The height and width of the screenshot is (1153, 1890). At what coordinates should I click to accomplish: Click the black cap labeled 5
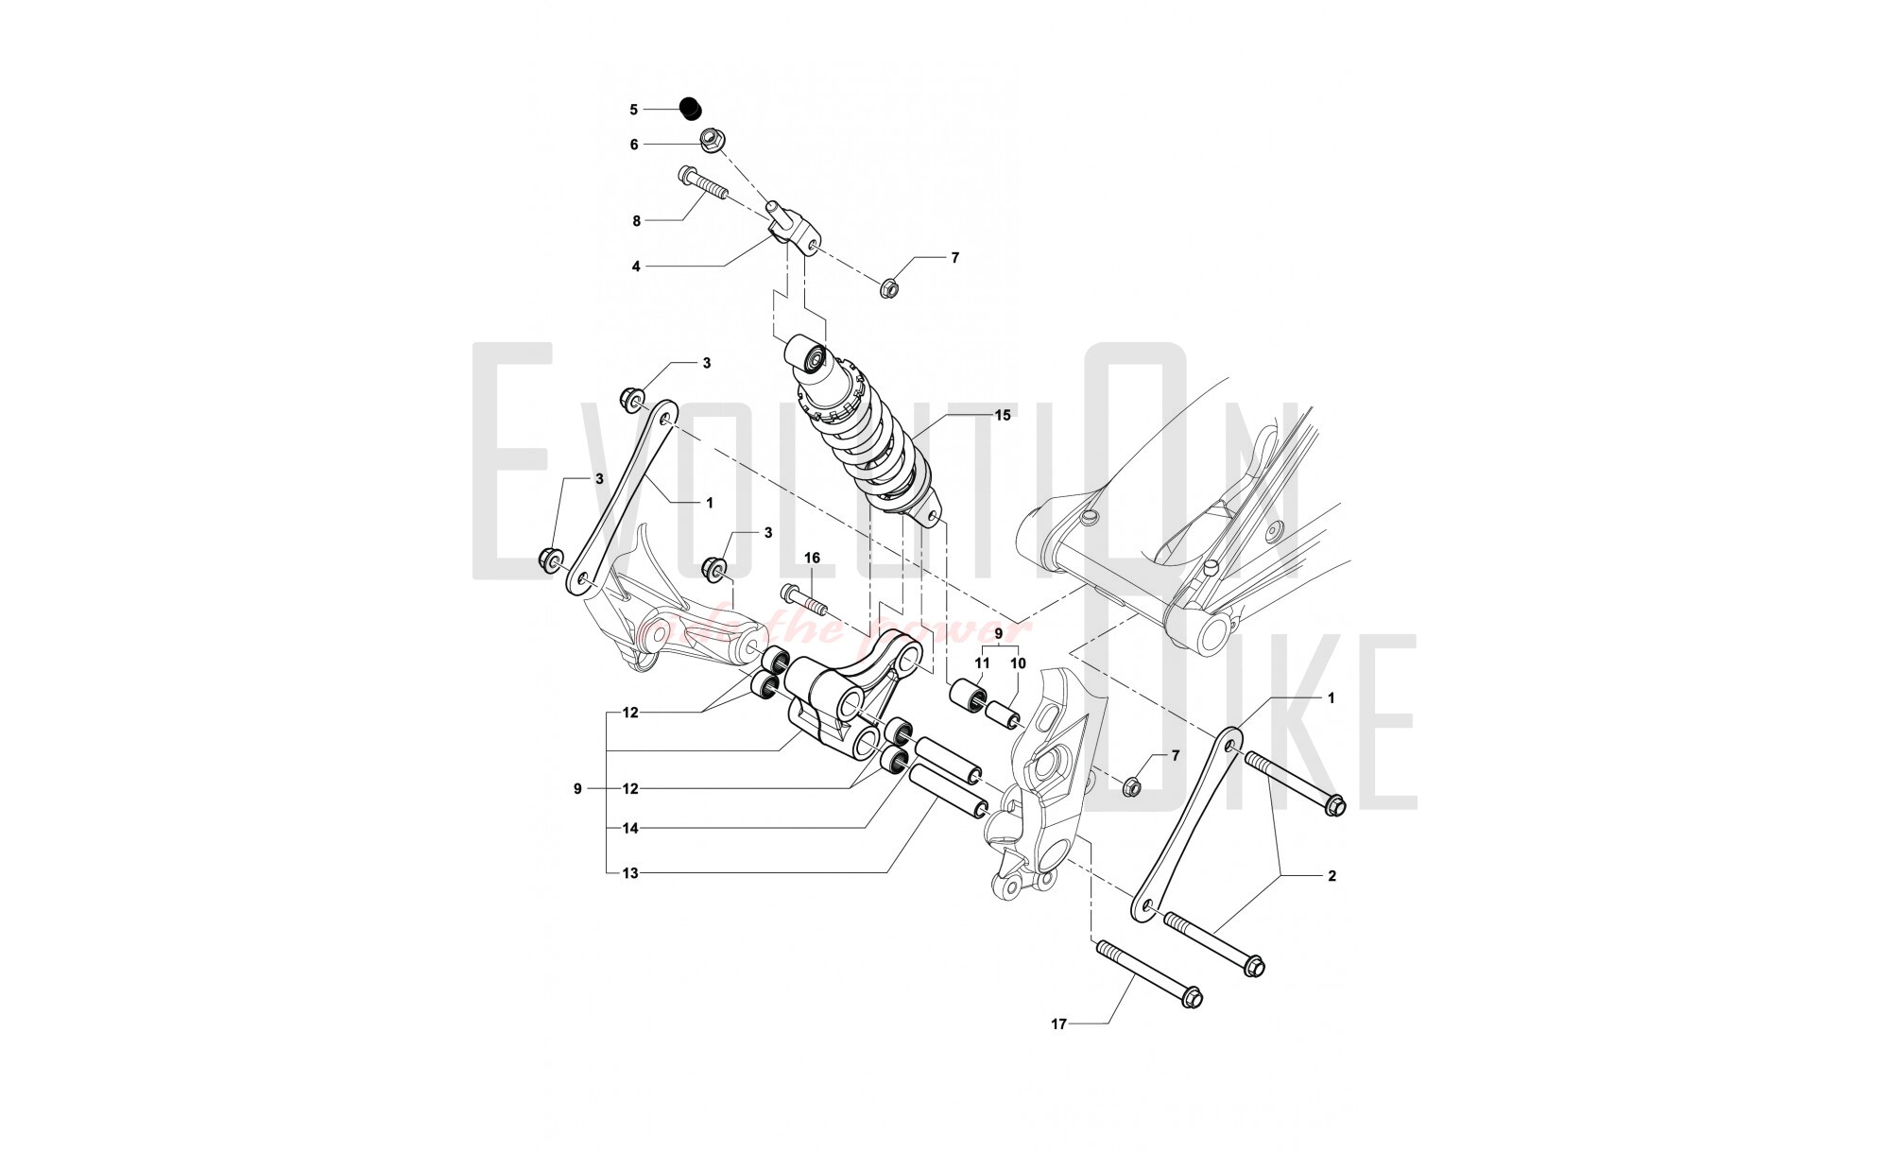[x=693, y=109]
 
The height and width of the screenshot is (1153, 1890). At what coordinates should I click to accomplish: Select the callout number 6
[x=634, y=145]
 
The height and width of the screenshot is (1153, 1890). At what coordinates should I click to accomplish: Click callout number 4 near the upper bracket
[x=636, y=267]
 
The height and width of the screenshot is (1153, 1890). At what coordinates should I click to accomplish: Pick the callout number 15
[x=1003, y=415]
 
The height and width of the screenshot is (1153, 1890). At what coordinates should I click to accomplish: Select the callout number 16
[x=812, y=559]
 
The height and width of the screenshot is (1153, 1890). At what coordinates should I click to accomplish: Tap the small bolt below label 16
[x=804, y=600]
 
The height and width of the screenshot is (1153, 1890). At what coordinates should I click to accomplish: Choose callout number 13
[x=630, y=873]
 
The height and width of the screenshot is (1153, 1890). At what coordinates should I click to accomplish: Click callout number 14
[x=630, y=829]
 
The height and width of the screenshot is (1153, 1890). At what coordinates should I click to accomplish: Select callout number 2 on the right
[x=1332, y=876]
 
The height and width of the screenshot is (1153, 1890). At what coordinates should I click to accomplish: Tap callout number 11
[x=983, y=663]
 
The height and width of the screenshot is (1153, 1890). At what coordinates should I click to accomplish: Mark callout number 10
[x=1018, y=663]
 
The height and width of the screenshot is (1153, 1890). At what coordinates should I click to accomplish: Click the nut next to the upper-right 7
[x=889, y=286]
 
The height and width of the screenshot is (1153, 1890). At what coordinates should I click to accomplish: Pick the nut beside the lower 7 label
[x=1131, y=785]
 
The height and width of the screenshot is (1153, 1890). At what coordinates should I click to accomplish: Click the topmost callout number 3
[x=706, y=363]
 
